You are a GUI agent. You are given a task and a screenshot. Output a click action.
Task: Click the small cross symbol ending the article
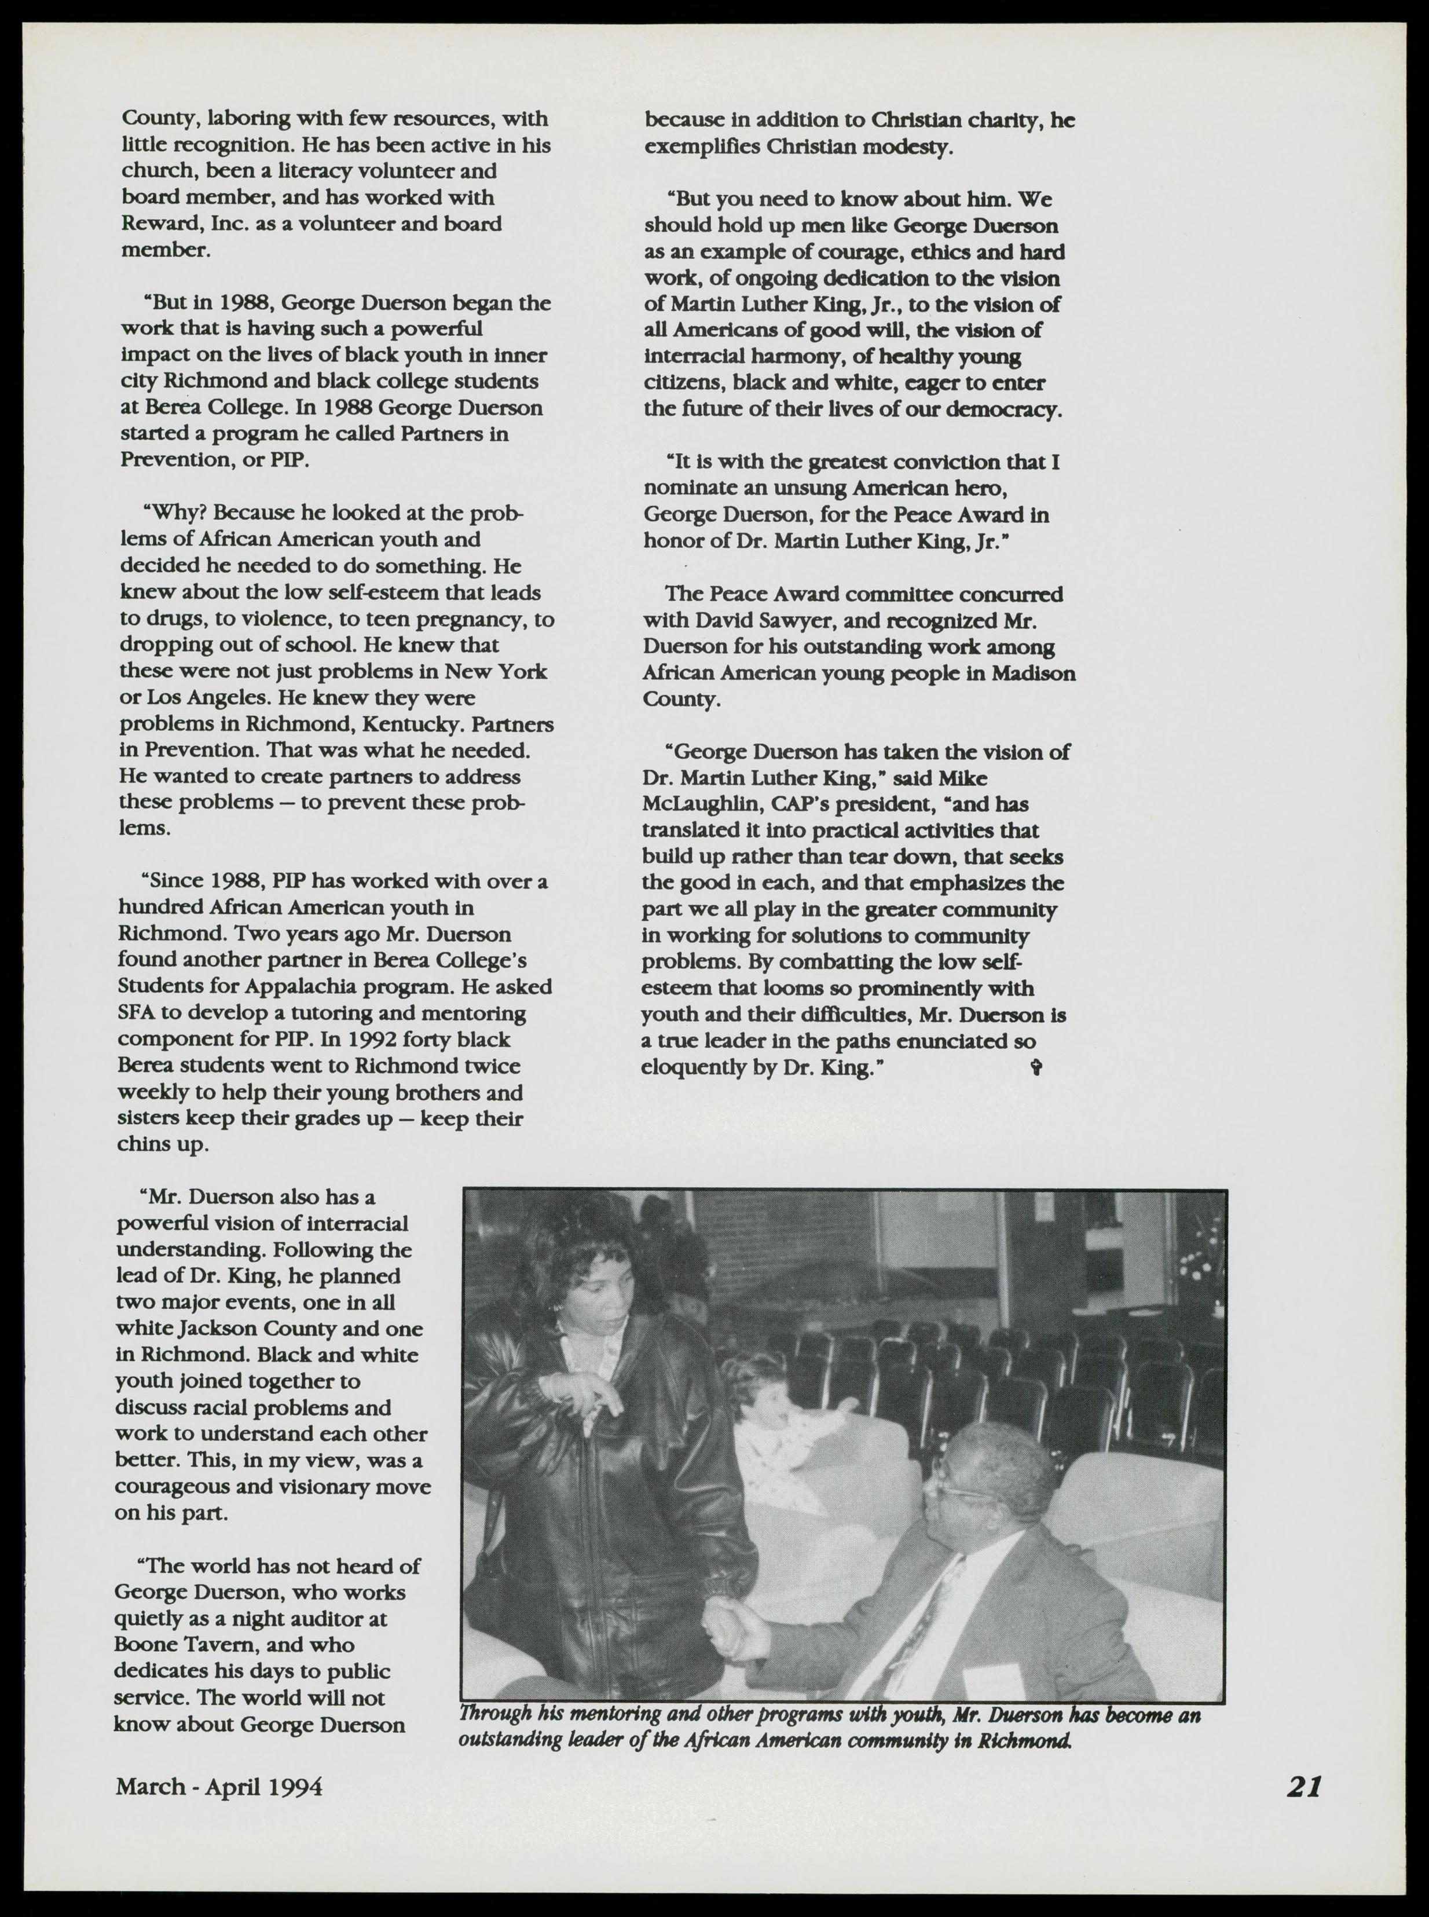pos(1036,1069)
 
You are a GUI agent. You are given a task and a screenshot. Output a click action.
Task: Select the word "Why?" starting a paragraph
pos(175,514)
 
